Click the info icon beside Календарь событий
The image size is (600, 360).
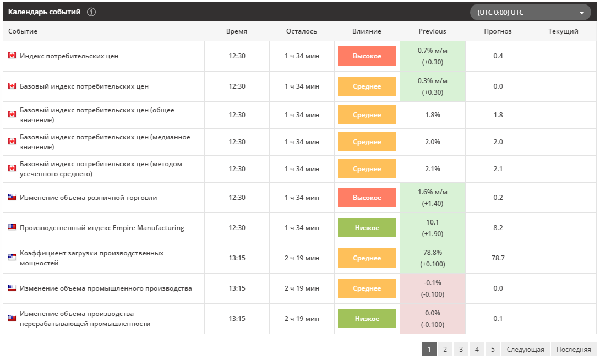tap(91, 12)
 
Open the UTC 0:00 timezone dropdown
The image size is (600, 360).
tap(530, 12)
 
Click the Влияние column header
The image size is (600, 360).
tap(367, 31)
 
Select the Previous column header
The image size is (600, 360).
tap(433, 31)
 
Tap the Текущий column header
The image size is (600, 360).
tap(563, 31)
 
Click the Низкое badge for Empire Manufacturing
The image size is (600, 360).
tap(367, 228)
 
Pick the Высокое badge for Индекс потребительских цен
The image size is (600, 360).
tap(367, 56)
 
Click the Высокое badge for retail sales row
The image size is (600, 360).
tap(367, 198)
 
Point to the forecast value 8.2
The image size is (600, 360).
tap(498, 228)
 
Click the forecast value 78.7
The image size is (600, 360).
tap(498, 258)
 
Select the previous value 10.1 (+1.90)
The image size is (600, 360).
tap(433, 228)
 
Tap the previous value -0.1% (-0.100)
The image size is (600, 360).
tap(433, 288)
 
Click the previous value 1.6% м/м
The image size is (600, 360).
tap(433, 192)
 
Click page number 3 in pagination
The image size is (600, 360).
tap(461, 349)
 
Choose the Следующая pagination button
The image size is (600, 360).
tap(525, 349)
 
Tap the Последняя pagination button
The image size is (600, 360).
tap(574, 349)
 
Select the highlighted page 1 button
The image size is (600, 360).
tap(429, 349)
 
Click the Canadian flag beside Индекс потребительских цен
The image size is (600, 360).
tap(12, 56)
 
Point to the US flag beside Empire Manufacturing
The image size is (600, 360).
tap(12, 227)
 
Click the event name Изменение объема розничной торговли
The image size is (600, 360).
tap(89, 198)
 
